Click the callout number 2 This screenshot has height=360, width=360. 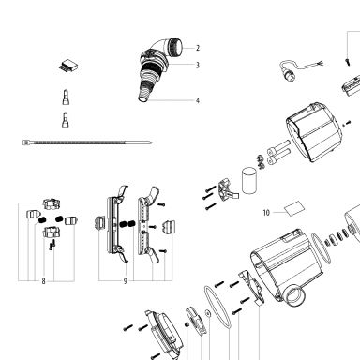pyautogui.click(x=198, y=48)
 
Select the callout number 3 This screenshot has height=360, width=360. pyautogui.click(x=198, y=65)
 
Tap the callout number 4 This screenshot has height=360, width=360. pyautogui.click(x=198, y=100)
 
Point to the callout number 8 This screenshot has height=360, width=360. pyautogui.click(x=43, y=281)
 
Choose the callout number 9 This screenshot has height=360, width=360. pyautogui.click(x=126, y=281)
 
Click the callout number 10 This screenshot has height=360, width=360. pyautogui.click(x=266, y=213)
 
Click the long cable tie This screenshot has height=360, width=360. pyautogui.click(x=87, y=142)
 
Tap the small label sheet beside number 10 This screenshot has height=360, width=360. pyautogui.click(x=293, y=208)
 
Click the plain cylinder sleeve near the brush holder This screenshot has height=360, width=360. pyautogui.click(x=249, y=180)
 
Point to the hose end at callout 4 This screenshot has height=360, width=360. pyautogui.click(x=144, y=95)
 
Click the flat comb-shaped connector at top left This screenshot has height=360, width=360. pyautogui.click(x=68, y=66)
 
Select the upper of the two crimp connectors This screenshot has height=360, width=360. pyautogui.click(x=66, y=97)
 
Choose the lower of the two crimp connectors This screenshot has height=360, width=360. pyautogui.click(x=66, y=120)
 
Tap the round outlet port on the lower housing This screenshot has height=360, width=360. pyautogui.click(x=293, y=294)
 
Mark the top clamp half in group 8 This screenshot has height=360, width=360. pyautogui.click(x=52, y=203)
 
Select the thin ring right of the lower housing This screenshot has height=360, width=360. pyautogui.click(x=321, y=248)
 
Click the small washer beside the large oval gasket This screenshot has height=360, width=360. pyautogui.click(x=207, y=312)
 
